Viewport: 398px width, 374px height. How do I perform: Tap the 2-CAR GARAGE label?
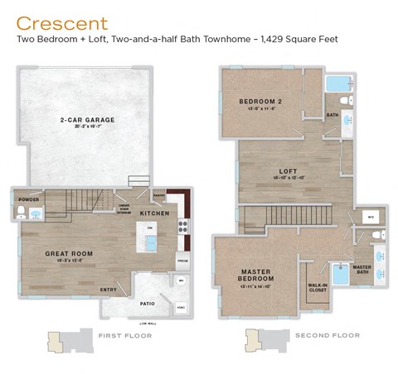pos(87,120)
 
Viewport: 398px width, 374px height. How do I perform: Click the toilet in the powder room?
pos(22,213)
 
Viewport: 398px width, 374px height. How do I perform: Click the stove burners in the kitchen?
pos(184,226)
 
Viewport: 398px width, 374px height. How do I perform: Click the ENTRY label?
pos(109,290)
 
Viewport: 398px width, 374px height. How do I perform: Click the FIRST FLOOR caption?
pos(123,336)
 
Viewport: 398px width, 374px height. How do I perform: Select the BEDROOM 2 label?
pos(260,102)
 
